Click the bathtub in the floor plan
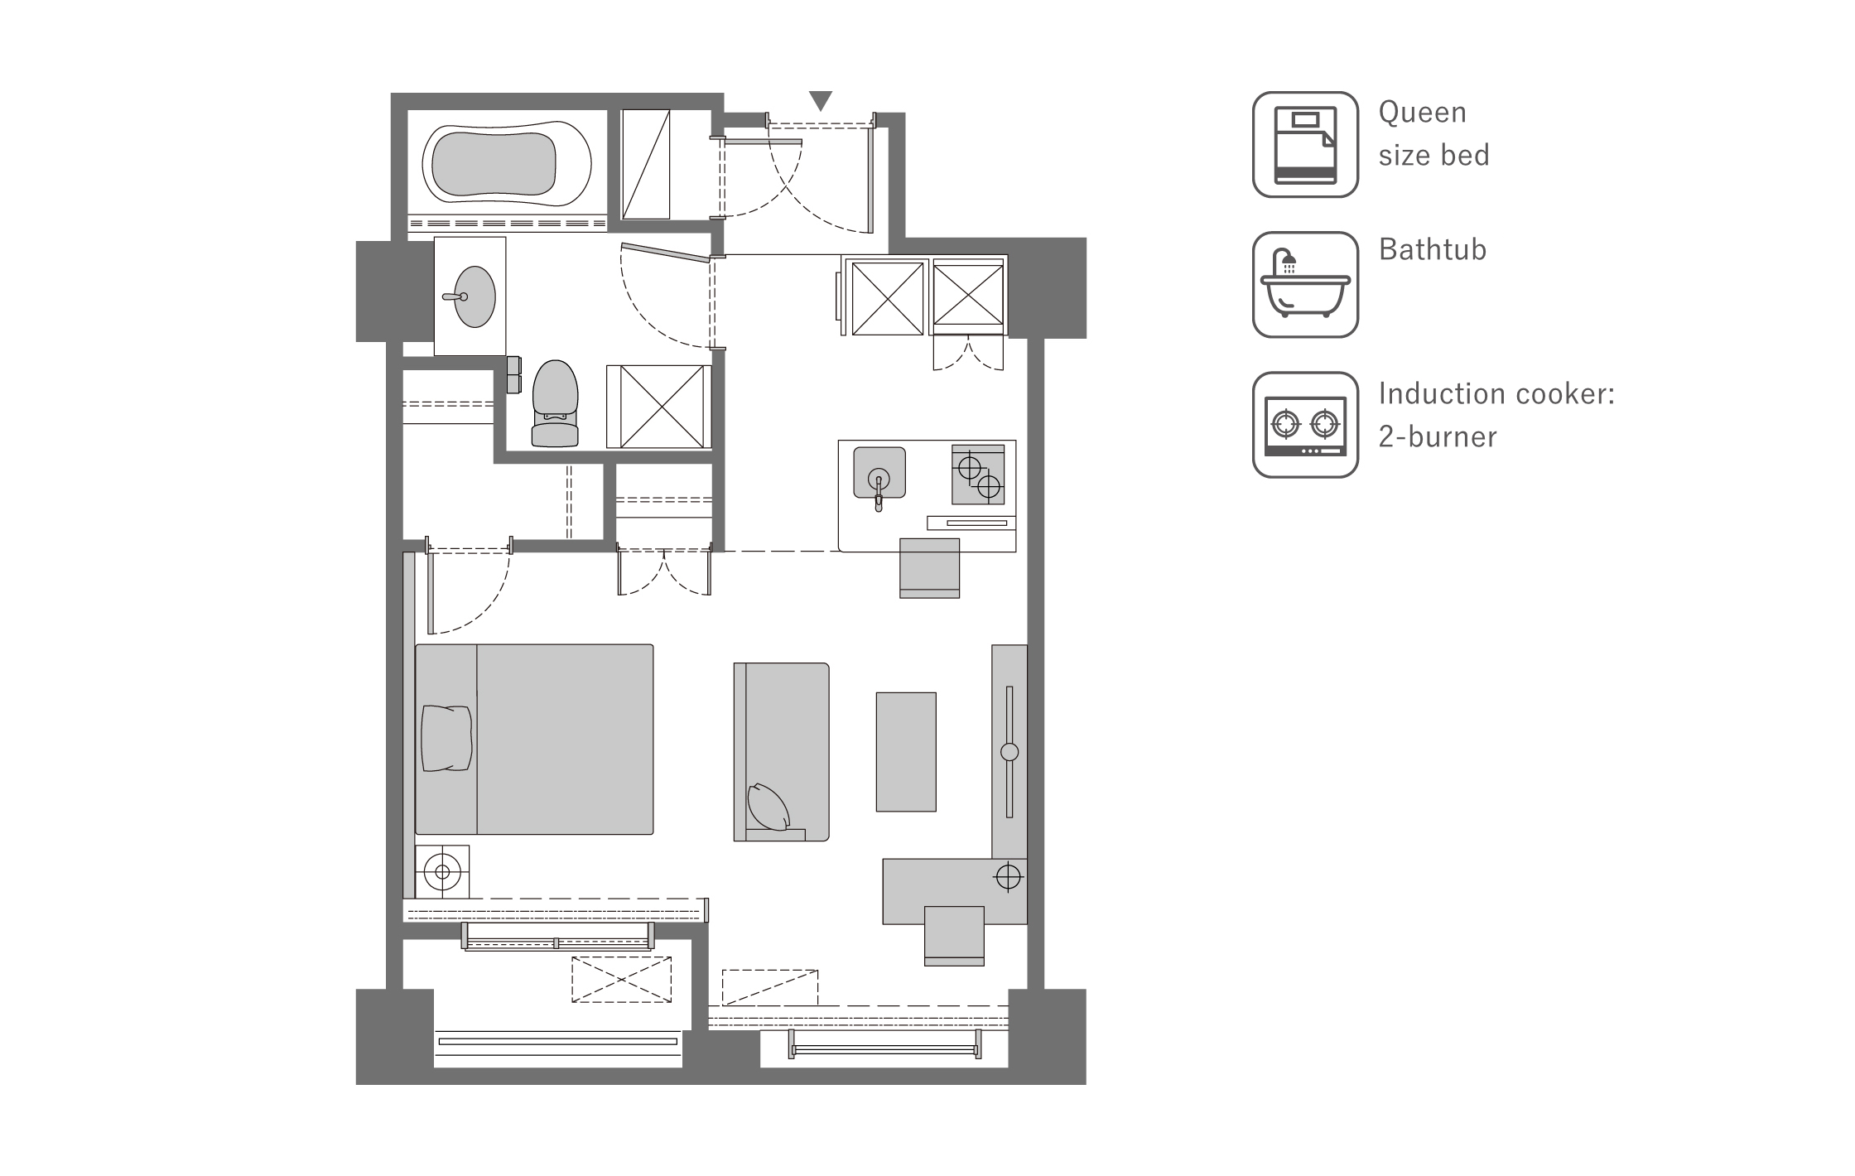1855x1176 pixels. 507,162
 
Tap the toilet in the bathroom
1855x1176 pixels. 555,403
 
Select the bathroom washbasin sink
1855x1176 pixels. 474,296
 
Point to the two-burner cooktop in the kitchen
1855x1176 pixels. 978,475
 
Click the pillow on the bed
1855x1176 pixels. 446,739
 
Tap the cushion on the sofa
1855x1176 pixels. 769,807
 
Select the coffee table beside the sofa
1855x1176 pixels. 906,752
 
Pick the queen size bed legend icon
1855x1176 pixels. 1305,144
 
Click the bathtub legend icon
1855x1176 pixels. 1305,284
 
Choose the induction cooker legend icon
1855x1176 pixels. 1305,425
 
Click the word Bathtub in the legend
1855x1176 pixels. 1433,249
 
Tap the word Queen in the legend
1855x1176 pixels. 1423,112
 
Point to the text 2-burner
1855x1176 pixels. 1438,436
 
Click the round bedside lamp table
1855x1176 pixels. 442,871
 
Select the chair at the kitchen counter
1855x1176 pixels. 930,568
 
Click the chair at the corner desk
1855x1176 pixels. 954,936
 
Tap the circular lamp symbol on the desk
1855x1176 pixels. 1008,876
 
